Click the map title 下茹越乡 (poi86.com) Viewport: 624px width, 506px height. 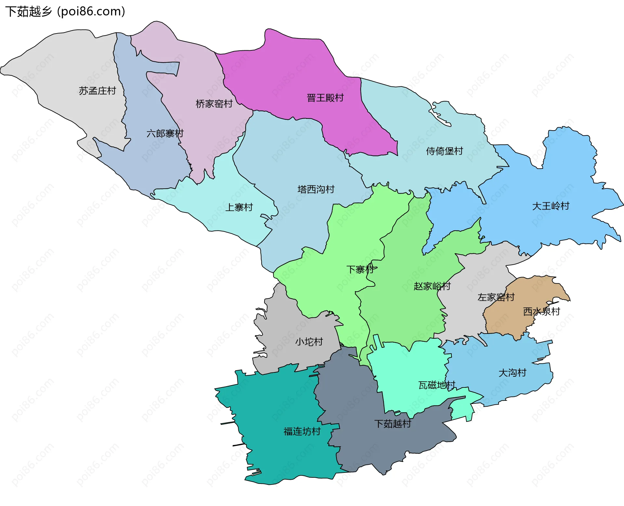pyautogui.click(x=65, y=12)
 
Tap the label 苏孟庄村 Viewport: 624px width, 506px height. pyautogui.click(x=97, y=91)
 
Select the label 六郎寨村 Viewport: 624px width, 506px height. pyautogui.click(x=165, y=133)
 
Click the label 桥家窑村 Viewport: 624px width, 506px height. pyautogui.click(x=214, y=104)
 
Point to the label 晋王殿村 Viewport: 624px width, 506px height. pyautogui.click(x=325, y=98)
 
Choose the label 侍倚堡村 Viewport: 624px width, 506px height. pyautogui.click(x=444, y=151)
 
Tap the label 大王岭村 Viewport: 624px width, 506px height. pyautogui.click(x=551, y=206)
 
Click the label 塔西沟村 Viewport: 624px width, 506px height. pyautogui.click(x=316, y=189)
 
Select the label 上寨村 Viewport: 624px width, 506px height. pyautogui.click(x=239, y=207)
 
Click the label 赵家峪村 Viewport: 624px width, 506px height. pyautogui.click(x=432, y=286)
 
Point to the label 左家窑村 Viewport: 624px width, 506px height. pyautogui.click(x=496, y=297)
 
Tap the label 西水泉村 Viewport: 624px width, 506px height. pyautogui.click(x=541, y=311)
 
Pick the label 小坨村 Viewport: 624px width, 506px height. pyautogui.click(x=309, y=342)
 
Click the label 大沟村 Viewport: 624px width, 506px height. pyautogui.click(x=512, y=373)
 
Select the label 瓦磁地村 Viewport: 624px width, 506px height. pyautogui.click(x=436, y=385)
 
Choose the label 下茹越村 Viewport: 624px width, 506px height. pyautogui.click(x=393, y=424)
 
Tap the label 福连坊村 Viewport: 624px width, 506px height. pyautogui.click(x=302, y=431)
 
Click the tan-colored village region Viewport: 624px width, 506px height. pyautogui.click(x=507, y=322)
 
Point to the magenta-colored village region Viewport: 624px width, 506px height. pyautogui.click(x=292, y=75)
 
